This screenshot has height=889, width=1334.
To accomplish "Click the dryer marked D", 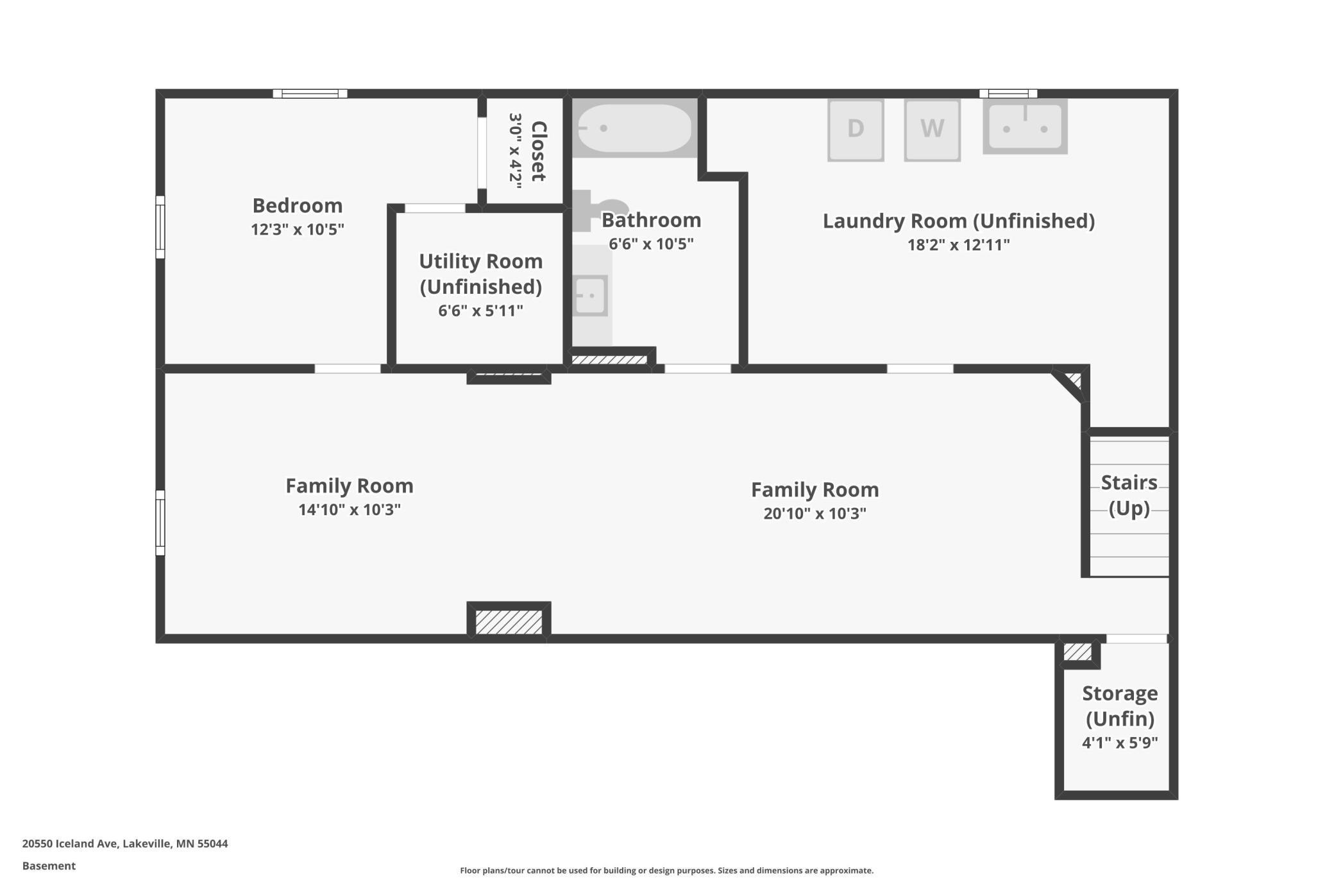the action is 856,130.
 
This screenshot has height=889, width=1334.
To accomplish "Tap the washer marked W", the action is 932,130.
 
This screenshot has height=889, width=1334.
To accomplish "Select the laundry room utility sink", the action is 1025,126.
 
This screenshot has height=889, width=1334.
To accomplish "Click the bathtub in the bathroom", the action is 634,128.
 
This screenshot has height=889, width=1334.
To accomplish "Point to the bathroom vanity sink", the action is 591,295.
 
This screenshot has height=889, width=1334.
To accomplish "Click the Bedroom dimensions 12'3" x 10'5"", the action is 298,230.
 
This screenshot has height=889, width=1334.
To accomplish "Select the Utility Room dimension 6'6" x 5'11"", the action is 480,311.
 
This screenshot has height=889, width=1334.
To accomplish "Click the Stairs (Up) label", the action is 1129,495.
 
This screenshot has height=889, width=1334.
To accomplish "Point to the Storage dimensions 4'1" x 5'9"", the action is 1120,743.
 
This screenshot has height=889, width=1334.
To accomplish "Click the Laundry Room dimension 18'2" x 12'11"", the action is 958,245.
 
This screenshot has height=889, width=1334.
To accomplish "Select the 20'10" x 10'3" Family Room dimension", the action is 815,514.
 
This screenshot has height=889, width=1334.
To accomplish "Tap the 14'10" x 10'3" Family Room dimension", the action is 350,510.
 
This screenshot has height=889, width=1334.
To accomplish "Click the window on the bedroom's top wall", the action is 310,94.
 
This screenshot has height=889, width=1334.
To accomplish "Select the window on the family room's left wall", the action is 160,523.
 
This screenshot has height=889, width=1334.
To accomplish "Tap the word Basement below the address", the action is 49,866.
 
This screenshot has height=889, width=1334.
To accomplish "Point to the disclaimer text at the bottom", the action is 666,870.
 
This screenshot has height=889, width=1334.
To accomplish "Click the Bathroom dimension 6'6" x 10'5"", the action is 651,244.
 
